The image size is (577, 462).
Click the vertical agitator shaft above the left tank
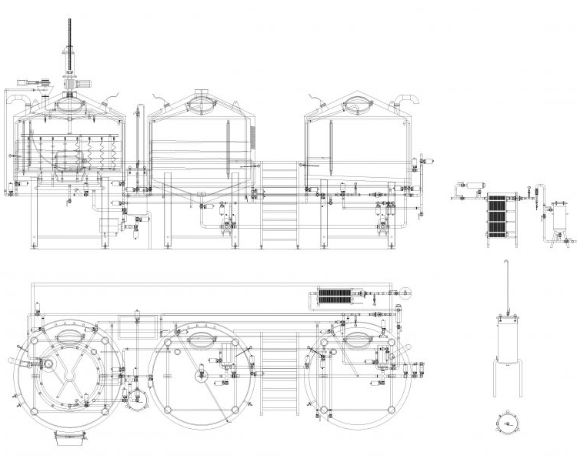coord(67,38)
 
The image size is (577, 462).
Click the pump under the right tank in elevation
coord(382,224)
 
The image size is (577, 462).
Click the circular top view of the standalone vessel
coord(506,423)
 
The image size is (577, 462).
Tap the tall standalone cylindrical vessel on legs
coord(506,339)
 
